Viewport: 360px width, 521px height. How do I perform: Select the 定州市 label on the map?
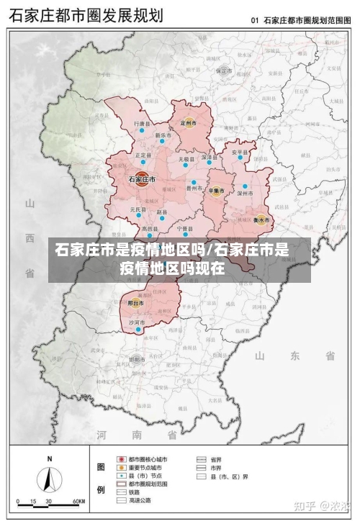(189, 124)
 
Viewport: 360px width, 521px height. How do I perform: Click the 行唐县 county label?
(143, 124)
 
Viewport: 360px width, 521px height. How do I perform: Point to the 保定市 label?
(224, 71)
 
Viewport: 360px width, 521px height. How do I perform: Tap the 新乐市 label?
(163, 135)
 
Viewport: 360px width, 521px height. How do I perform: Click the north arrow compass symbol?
(49, 477)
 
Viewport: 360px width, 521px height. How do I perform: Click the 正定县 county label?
(143, 155)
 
